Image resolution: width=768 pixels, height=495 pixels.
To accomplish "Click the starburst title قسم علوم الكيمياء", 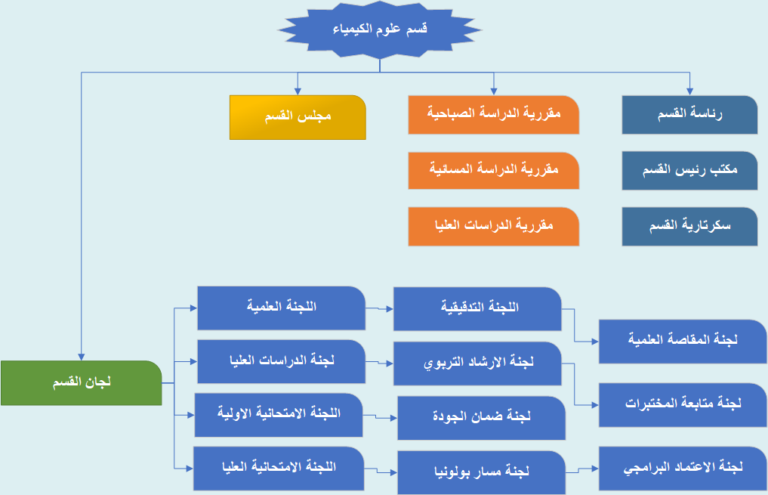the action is pos(380,29).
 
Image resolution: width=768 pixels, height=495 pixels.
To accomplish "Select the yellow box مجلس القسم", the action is pos(298,118).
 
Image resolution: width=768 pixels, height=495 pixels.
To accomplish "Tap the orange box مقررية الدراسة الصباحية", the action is pos(494,115).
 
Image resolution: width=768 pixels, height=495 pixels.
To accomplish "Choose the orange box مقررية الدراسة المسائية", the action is pos(494,171).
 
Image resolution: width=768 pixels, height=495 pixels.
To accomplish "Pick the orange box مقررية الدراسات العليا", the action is pos(494,227).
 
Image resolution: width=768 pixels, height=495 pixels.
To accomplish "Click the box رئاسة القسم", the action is pos(689,115).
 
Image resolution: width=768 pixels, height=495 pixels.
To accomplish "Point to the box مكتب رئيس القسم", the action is pos(689,171).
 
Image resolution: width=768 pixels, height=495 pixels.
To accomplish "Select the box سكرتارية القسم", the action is pos(689,227).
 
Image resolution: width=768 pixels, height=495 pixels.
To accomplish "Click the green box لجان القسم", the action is pos(82,382).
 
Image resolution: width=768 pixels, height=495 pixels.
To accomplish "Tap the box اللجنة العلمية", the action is pos(281,308).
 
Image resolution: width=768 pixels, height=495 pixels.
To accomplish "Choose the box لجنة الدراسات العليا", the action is pos(281,362).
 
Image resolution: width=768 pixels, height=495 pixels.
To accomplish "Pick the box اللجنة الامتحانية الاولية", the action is pos(279,415).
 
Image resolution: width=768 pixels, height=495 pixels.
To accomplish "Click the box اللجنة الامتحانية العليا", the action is pos(279,469).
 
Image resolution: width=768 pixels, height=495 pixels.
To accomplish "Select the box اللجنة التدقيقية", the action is pos(477,309).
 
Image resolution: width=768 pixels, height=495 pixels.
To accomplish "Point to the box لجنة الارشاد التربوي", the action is pos(477,364).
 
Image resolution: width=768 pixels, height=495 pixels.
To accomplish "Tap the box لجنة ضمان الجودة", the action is pos(482,418).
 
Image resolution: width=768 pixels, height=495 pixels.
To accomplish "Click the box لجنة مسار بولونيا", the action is pos(482,472).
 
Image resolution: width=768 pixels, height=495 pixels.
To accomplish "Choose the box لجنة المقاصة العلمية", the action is pos(683,342).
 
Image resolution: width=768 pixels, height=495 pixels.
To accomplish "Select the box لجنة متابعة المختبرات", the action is pos(683,405).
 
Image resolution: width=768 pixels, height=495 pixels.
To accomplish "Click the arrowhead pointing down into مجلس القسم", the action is pos(298,91).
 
